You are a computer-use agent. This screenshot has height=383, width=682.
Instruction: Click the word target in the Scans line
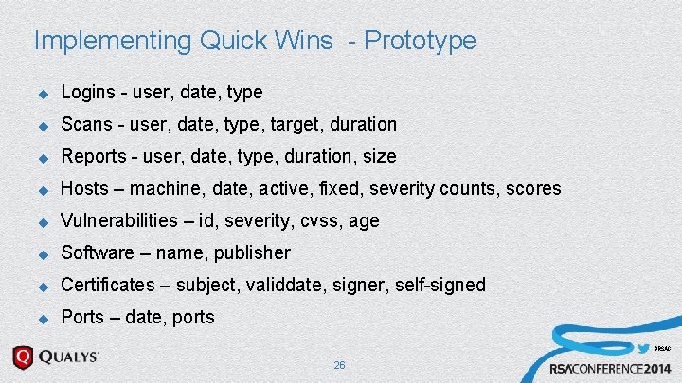pyautogui.click(x=296, y=124)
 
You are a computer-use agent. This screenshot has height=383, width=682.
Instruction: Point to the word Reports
pyautogui.click(x=93, y=156)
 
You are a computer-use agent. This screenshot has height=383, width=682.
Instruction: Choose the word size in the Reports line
pyautogui.click(x=378, y=156)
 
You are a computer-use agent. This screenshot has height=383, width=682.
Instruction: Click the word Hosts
pyautogui.click(x=83, y=188)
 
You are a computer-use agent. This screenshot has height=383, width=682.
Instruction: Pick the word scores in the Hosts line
pyautogui.click(x=532, y=188)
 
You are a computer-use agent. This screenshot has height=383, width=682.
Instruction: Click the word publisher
pyautogui.click(x=252, y=252)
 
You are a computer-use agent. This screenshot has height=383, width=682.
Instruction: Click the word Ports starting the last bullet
pyautogui.click(x=83, y=317)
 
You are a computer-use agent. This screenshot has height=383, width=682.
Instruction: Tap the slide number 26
pyautogui.click(x=339, y=365)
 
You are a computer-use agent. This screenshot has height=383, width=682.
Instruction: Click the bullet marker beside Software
pyautogui.click(x=42, y=253)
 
